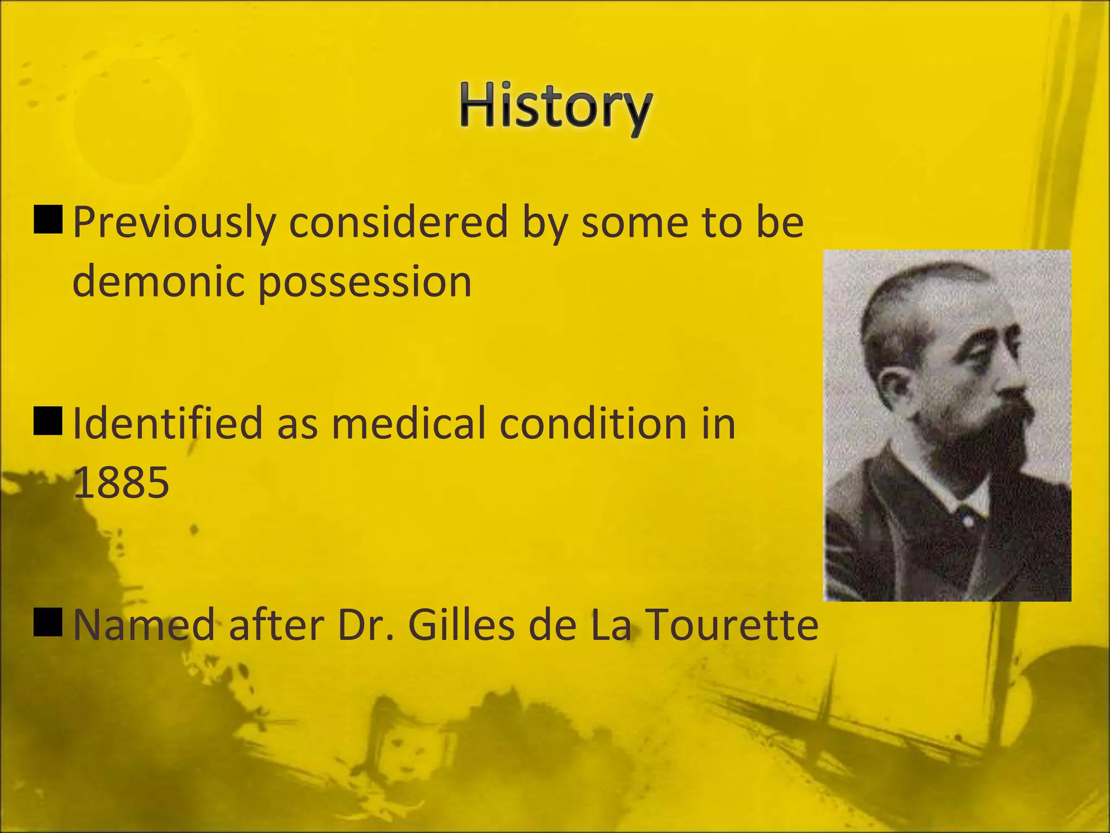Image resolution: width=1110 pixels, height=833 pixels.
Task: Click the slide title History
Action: (x=556, y=107)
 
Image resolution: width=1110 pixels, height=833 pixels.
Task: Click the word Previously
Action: (x=174, y=223)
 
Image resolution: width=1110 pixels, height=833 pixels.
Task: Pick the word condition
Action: (x=593, y=424)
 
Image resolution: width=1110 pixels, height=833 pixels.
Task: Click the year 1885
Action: (x=121, y=483)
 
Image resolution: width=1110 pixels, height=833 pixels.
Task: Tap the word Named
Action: (x=144, y=625)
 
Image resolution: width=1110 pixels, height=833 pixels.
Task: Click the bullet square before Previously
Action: (x=48, y=220)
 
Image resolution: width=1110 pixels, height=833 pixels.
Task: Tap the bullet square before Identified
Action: (x=48, y=421)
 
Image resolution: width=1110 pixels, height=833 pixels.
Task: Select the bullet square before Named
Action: (x=48, y=622)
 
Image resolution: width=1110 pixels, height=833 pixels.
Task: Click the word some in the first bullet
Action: (x=634, y=223)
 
